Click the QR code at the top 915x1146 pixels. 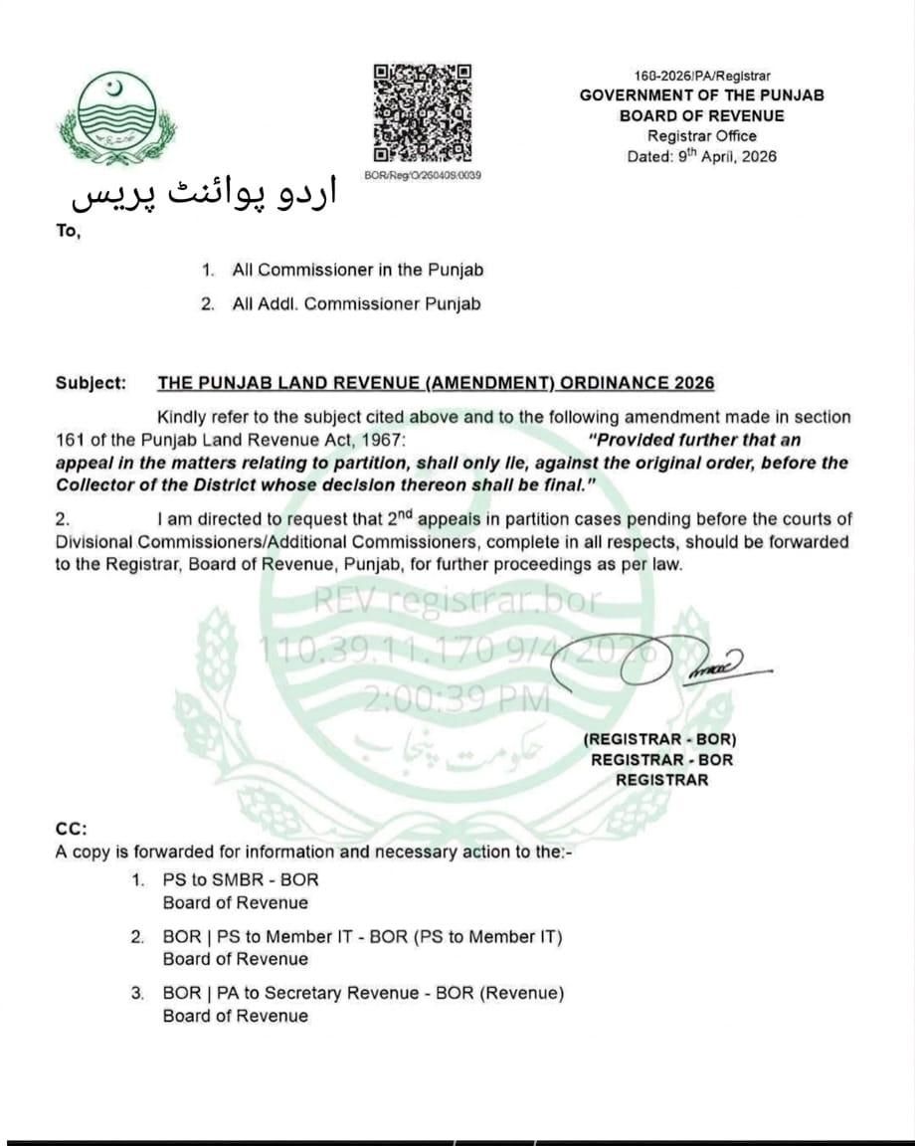tap(422, 113)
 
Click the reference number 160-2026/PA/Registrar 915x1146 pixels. tap(701, 76)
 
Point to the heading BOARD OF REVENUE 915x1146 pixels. tap(701, 115)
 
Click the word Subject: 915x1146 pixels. tap(91, 383)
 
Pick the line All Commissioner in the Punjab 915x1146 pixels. tap(358, 270)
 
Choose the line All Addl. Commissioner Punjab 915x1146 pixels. tap(356, 304)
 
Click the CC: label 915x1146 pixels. tap(72, 828)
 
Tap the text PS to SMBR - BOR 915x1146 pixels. tap(241, 880)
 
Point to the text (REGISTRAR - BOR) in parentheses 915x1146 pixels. tap(661, 739)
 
